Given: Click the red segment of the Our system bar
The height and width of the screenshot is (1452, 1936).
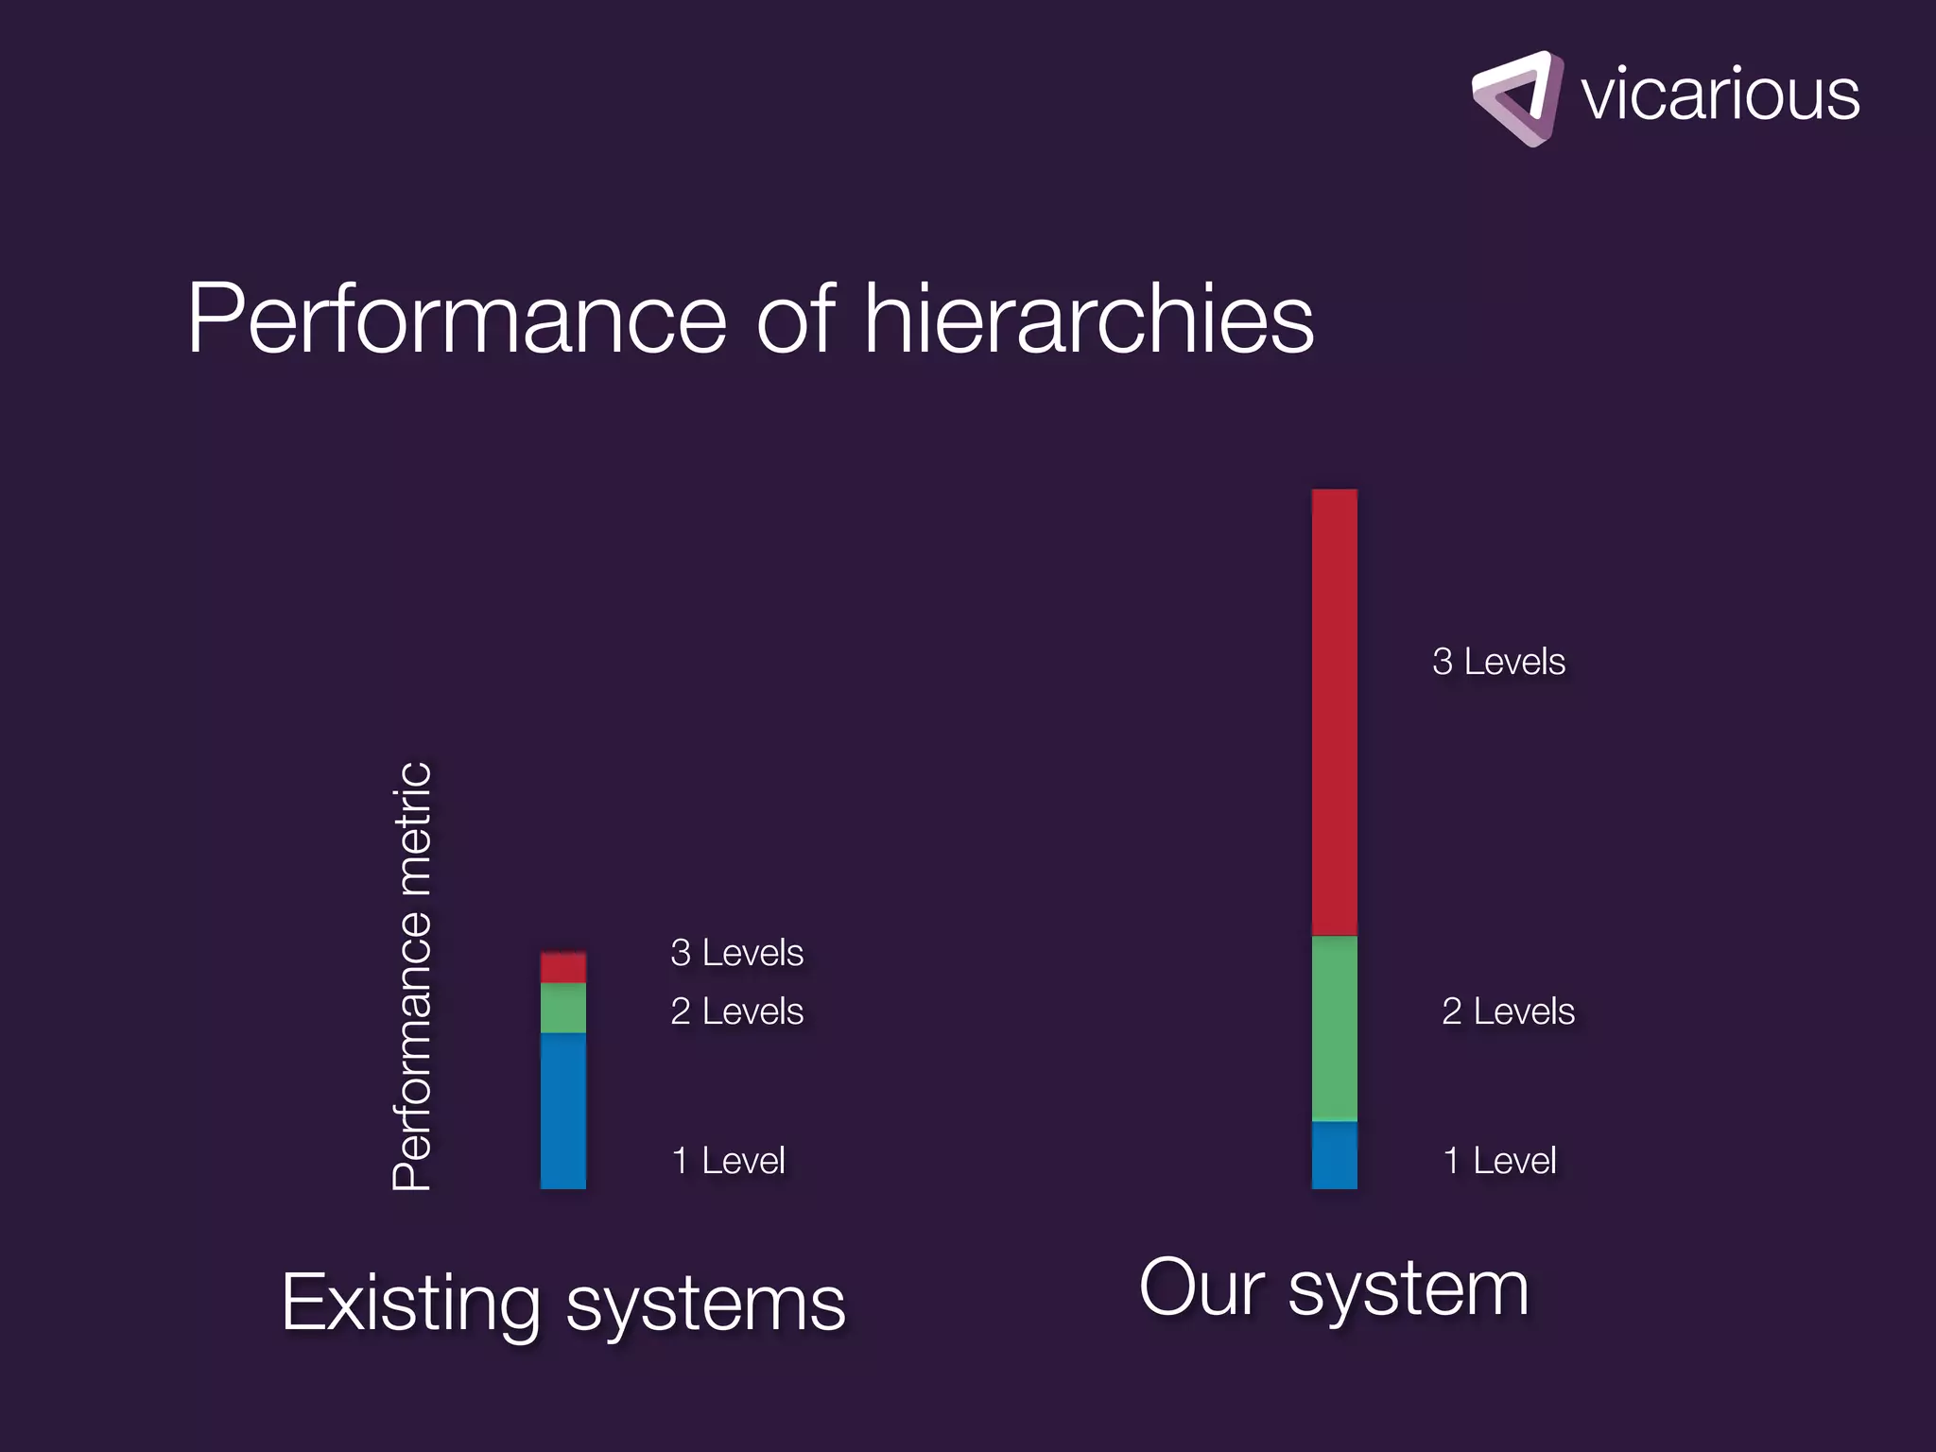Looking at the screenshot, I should pyautogui.click(x=1334, y=712).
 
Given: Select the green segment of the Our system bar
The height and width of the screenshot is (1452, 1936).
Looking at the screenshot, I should pyautogui.click(x=1334, y=1028).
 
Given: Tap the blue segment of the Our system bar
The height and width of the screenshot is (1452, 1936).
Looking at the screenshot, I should pyautogui.click(x=1334, y=1155).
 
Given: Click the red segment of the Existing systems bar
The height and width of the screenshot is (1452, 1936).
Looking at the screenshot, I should pyautogui.click(x=562, y=968).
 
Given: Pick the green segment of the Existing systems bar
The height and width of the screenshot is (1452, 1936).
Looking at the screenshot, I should pyautogui.click(x=562, y=1008).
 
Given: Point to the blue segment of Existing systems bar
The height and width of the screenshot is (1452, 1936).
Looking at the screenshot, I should pyautogui.click(x=562, y=1111).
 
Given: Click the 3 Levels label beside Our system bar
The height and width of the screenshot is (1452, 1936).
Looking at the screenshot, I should pyautogui.click(x=1498, y=662).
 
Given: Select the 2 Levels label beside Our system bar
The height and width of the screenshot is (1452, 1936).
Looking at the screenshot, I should pyautogui.click(x=1508, y=1011).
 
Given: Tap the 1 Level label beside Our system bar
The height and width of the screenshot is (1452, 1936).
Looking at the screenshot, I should pyautogui.click(x=1499, y=1161).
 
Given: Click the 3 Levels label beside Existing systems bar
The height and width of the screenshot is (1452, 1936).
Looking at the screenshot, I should pyautogui.click(x=736, y=953).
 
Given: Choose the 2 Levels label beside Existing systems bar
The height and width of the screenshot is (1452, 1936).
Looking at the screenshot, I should pyautogui.click(x=736, y=1011).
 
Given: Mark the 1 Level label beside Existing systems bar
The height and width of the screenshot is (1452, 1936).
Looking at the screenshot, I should pyautogui.click(x=728, y=1161).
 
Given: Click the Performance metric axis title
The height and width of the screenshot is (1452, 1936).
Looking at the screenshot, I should pyautogui.click(x=412, y=976).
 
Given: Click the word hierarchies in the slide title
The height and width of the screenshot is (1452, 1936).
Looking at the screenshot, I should pyautogui.click(x=1088, y=320).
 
